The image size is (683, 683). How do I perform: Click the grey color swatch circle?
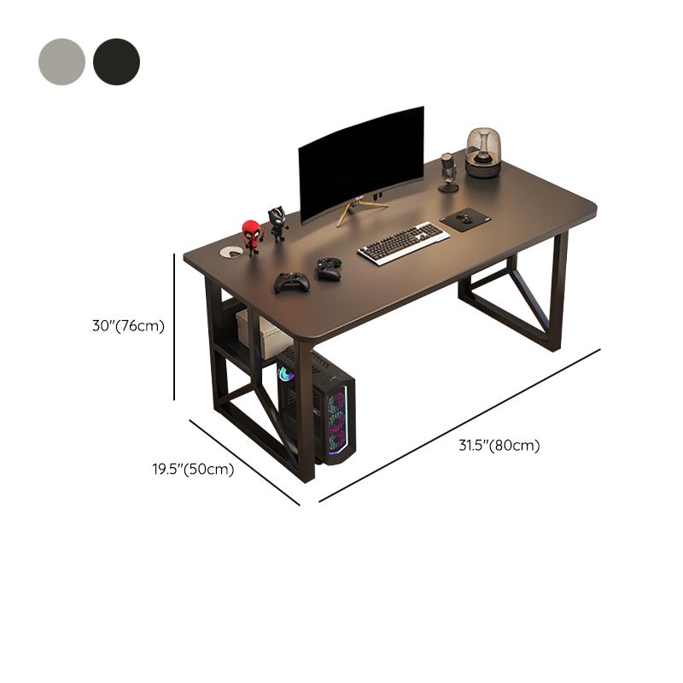tap(61, 61)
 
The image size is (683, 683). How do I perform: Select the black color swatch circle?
tap(116, 61)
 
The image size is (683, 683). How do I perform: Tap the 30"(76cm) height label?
tap(129, 326)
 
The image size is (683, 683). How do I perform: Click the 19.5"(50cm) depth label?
tap(193, 469)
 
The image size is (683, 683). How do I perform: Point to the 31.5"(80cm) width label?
tap(499, 446)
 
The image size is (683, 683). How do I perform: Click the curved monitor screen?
tap(361, 163)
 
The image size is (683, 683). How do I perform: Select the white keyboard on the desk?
tap(403, 242)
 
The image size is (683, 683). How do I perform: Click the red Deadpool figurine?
tap(251, 236)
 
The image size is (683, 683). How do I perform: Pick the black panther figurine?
tap(277, 224)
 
